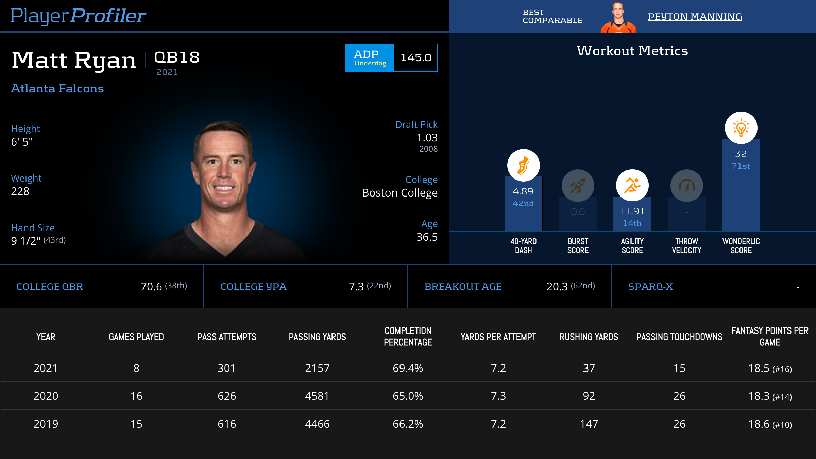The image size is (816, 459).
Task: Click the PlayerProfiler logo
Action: (x=78, y=16)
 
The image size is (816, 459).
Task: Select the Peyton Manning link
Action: (x=695, y=16)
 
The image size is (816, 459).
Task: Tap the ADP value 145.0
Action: (x=416, y=58)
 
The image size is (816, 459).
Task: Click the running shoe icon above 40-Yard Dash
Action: (x=523, y=165)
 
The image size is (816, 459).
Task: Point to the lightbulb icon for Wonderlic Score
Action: (x=741, y=128)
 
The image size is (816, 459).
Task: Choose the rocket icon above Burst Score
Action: (x=578, y=186)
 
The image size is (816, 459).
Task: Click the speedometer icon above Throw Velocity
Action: (x=686, y=186)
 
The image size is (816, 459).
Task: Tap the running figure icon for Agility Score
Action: (x=632, y=186)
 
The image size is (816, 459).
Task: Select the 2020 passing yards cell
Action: (x=317, y=396)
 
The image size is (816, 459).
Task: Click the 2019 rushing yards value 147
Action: (x=589, y=424)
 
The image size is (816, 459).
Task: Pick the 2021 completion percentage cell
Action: (x=408, y=368)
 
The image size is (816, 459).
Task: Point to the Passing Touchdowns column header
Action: (x=679, y=337)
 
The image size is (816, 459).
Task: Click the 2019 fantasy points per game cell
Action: (x=770, y=424)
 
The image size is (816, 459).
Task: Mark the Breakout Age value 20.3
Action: (x=557, y=287)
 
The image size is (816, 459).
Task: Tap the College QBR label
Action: (x=50, y=287)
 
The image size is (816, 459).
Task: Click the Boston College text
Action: (x=400, y=193)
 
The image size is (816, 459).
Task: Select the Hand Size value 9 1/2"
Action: (x=26, y=241)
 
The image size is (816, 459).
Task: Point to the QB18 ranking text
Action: (x=177, y=57)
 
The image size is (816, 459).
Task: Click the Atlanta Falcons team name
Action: (x=57, y=88)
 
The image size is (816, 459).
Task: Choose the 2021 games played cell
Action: (x=136, y=368)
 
